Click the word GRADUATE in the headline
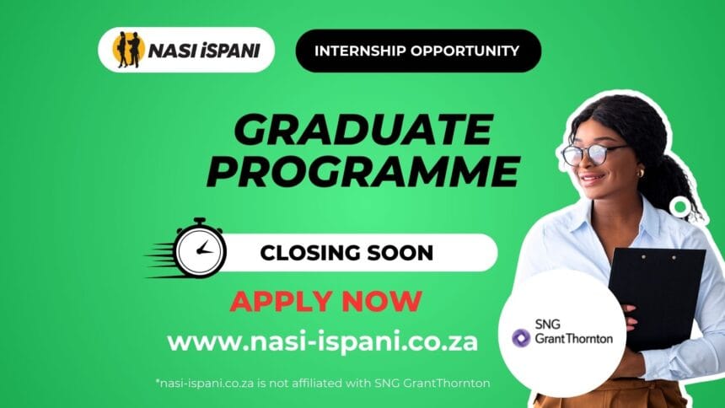[363, 130]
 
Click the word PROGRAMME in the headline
[363, 171]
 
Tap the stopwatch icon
[200, 249]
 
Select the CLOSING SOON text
[346, 253]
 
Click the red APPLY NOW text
[326, 302]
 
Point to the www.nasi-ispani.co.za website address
[322, 342]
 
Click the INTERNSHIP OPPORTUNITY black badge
[418, 51]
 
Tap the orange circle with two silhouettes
[128, 50]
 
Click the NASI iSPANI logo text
[204, 51]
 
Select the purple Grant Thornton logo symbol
[521, 338]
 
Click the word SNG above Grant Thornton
[547, 325]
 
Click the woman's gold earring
[641, 174]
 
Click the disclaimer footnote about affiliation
[323, 383]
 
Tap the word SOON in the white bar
[400, 253]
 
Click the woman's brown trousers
[610, 395]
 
